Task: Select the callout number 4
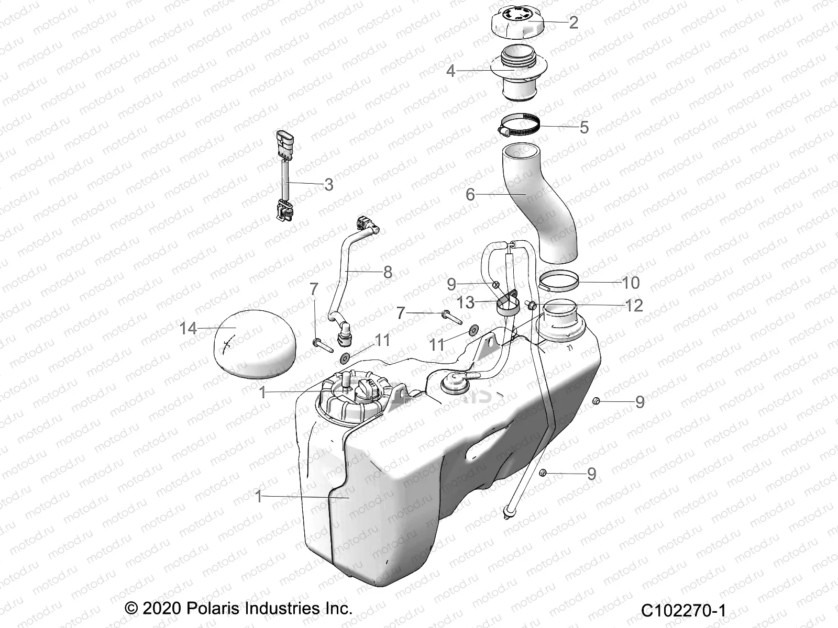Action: pyautogui.click(x=450, y=71)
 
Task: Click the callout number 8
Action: pyautogui.click(x=388, y=272)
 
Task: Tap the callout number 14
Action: pyautogui.click(x=188, y=329)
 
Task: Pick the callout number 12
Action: pyautogui.click(x=634, y=305)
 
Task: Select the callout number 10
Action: pyautogui.click(x=631, y=283)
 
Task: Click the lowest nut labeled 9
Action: pyautogui.click(x=543, y=473)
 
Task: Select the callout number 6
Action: pyautogui.click(x=470, y=195)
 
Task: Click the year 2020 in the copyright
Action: pyautogui.click(x=160, y=609)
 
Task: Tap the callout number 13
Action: pyautogui.click(x=465, y=302)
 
